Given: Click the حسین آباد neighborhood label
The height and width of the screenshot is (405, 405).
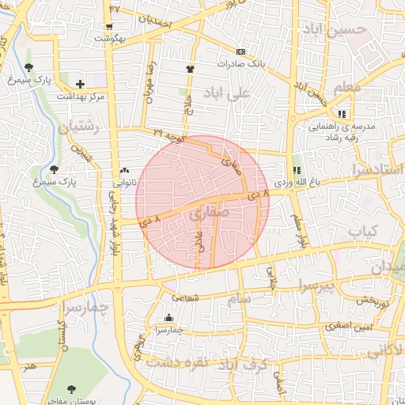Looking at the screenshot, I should click(x=341, y=29).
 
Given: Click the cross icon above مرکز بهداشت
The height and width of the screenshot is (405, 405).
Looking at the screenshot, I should click(x=80, y=83).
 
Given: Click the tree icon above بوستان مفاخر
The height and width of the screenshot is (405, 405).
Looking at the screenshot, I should click(x=71, y=389).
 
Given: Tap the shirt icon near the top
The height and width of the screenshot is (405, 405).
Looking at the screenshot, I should click(x=190, y=69).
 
